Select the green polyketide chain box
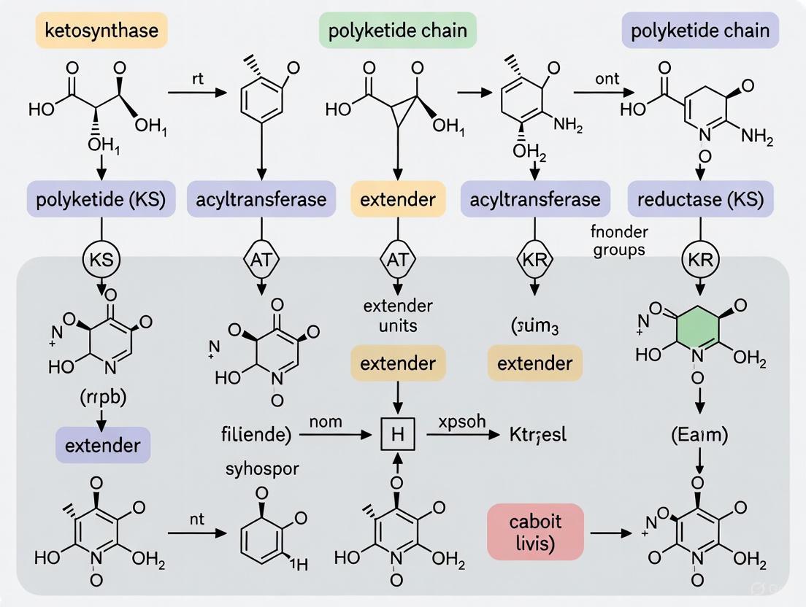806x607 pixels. (397, 32)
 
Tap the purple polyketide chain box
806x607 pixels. (700, 31)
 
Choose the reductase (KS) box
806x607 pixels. (700, 199)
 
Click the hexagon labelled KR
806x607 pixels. (535, 259)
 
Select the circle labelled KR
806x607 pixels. (701, 259)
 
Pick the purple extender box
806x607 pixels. (103, 444)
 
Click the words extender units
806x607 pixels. (398, 315)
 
